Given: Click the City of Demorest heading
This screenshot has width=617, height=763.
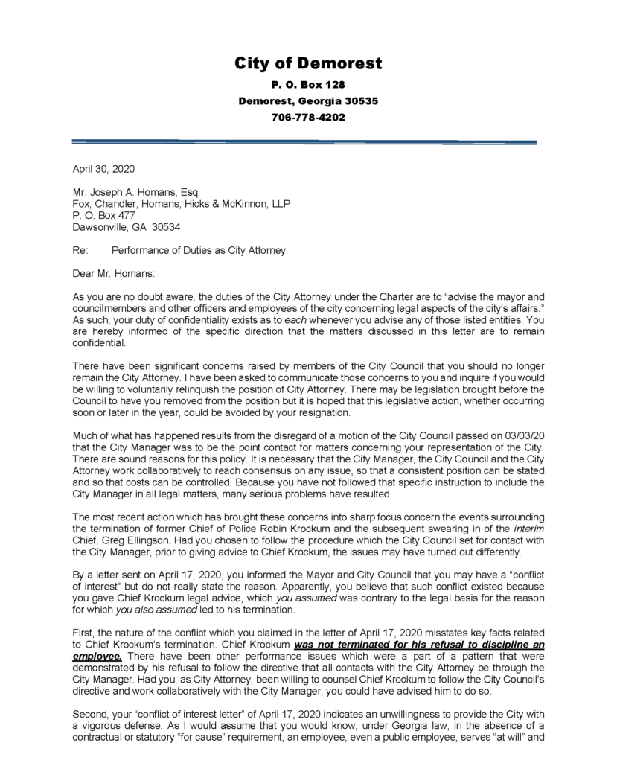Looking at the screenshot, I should (x=308, y=63).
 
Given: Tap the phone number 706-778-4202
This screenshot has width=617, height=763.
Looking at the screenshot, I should (x=308, y=118).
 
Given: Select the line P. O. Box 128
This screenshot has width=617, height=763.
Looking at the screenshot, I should (x=308, y=85).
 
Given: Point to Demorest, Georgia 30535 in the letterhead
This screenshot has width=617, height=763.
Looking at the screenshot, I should (x=308, y=101).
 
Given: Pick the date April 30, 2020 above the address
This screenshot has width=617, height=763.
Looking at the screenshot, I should (x=103, y=169).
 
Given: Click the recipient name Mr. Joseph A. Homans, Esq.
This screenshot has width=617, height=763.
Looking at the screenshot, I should (x=136, y=192).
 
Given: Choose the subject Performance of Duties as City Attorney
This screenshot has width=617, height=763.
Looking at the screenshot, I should (x=198, y=251).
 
